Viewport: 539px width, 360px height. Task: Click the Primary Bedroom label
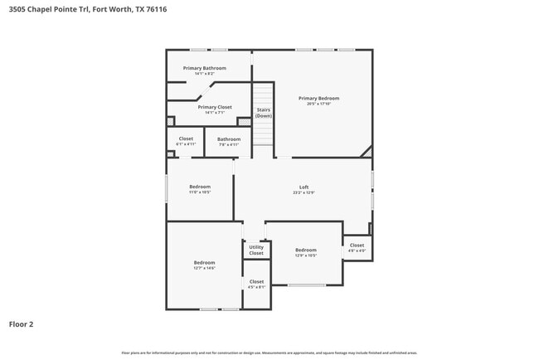pos(319,98)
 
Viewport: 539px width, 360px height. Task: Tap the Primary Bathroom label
pos(204,68)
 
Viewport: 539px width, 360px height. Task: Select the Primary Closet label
pos(215,107)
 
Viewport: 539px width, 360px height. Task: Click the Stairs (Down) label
pos(263,113)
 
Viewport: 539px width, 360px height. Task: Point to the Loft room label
pos(303,187)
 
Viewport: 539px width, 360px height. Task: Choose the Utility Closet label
pos(256,250)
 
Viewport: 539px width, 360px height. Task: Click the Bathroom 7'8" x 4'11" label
pos(229,139)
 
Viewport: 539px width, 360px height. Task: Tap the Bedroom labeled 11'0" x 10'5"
pos(200,187)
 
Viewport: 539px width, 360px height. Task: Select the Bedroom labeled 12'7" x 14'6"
pos(204,263)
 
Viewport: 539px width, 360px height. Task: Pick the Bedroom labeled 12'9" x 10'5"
pos(306,250)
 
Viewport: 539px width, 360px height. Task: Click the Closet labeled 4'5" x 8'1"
pos(256,282)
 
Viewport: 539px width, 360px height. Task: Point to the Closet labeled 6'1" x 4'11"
pos(186,139)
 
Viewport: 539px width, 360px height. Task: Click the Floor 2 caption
pos(22,324)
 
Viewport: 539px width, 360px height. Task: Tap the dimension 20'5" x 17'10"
pos(319,104)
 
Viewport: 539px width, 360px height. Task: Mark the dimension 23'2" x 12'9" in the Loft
pos(303,192)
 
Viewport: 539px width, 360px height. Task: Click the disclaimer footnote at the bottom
pos(269,353)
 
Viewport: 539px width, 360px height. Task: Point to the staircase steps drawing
pos(263,133)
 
